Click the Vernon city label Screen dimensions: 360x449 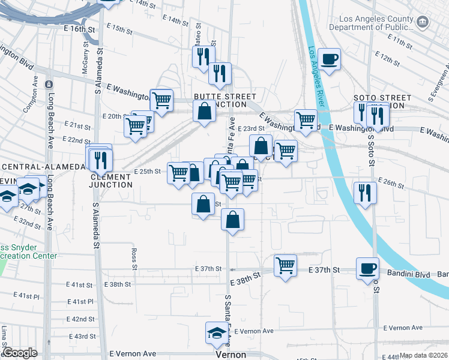coord(231,355)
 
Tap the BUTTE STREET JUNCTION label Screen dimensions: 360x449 coord(225,100)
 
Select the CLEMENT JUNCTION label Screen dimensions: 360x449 coord(111,181)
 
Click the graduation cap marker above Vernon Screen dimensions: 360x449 coord(217,333)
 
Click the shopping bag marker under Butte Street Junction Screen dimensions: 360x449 coord(205,111)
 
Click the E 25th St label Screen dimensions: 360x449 coord(148,171)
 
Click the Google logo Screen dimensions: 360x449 coord(20,353)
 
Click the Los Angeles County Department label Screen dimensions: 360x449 coord(378,22)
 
